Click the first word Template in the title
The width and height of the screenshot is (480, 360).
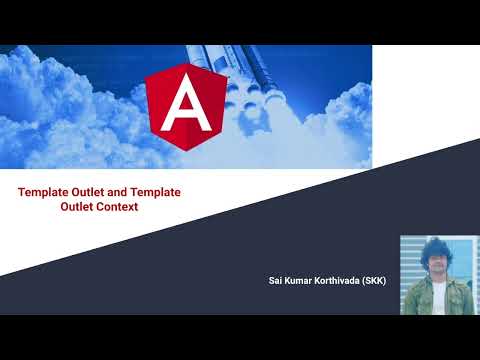point(47,192)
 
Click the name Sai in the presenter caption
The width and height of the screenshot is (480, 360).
point(276,281)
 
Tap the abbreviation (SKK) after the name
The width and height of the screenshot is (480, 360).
point(374,281)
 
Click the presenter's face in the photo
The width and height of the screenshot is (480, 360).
point(436,261)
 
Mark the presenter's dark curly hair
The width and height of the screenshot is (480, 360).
point(436,246)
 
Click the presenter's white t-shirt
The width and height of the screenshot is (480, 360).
point(437,295)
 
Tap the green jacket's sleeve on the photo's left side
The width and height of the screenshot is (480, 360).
point(413,300)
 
